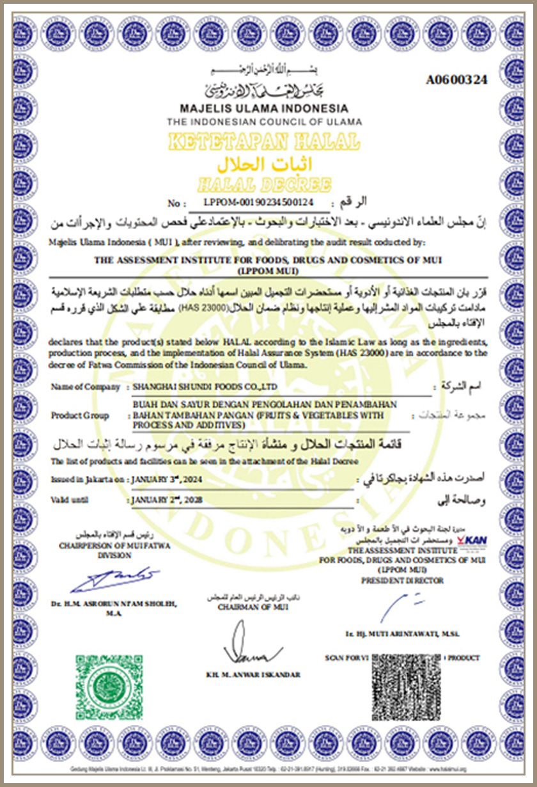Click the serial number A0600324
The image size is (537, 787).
(x=456, y=80)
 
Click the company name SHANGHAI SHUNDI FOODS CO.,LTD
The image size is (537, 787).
(x=203, y=386)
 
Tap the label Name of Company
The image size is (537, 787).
(x=85, y=386)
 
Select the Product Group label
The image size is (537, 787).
(x=80, y=415)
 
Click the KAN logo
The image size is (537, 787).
(x=472, y=541)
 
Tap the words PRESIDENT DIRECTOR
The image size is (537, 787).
(x=402, y=580)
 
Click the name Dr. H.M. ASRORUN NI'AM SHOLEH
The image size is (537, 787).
(x=114, y=603)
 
